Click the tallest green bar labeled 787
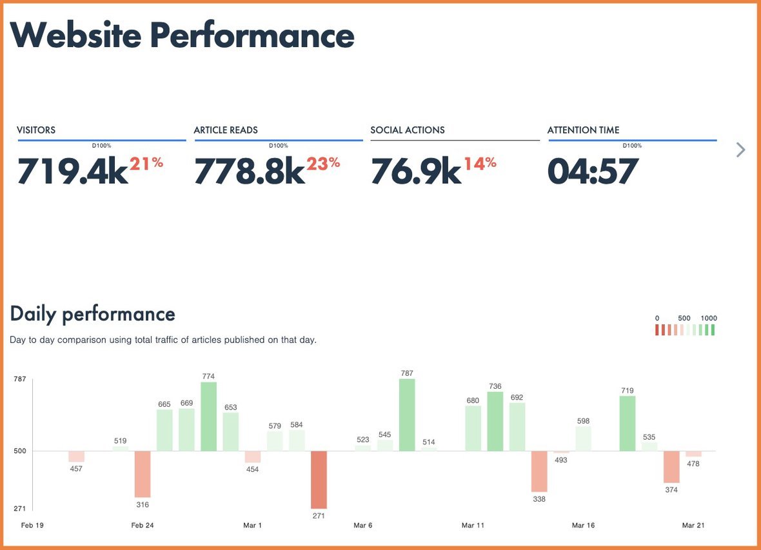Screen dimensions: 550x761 407,415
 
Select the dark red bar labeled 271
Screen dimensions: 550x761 319,480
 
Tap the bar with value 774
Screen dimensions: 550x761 208,417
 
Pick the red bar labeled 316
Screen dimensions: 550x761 143,474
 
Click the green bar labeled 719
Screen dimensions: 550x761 628,424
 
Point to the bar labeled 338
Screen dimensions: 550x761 539,471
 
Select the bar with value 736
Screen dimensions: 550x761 495,421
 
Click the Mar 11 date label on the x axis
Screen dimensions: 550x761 473,525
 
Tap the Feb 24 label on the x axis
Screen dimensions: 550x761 143,525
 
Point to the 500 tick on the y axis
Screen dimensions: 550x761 20,451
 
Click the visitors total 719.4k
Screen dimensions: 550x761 72,172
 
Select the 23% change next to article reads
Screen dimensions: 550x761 323,164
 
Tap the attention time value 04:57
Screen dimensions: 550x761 593,172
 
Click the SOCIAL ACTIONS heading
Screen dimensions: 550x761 408,130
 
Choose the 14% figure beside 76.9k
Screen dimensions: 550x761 480,164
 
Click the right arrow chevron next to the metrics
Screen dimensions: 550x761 740,150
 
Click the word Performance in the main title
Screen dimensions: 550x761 252,35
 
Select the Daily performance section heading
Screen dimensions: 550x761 93,314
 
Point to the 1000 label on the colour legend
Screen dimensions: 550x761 709,319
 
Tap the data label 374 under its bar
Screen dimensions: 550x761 671,490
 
